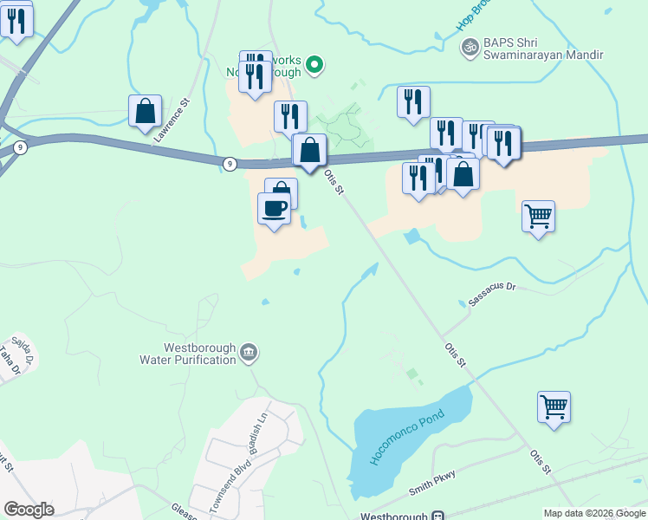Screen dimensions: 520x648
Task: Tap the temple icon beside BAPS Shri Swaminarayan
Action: (470, 47)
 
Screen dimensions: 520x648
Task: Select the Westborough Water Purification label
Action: (188, 354)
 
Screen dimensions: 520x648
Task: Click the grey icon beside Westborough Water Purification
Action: (249, 352)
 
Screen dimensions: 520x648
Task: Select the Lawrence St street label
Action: (172, 121)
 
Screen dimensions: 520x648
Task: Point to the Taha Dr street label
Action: (9, 361)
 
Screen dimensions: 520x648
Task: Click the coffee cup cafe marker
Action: (275, 209)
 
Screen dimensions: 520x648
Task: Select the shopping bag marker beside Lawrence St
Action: (145, 111)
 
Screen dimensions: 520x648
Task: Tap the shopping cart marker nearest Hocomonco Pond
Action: (554, 406)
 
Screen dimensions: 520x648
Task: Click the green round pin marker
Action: (315, 63)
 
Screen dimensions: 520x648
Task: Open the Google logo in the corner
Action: (29, 510)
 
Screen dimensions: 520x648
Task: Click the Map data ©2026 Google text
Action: (594, 513)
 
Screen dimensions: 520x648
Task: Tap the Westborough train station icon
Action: (437, 515)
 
